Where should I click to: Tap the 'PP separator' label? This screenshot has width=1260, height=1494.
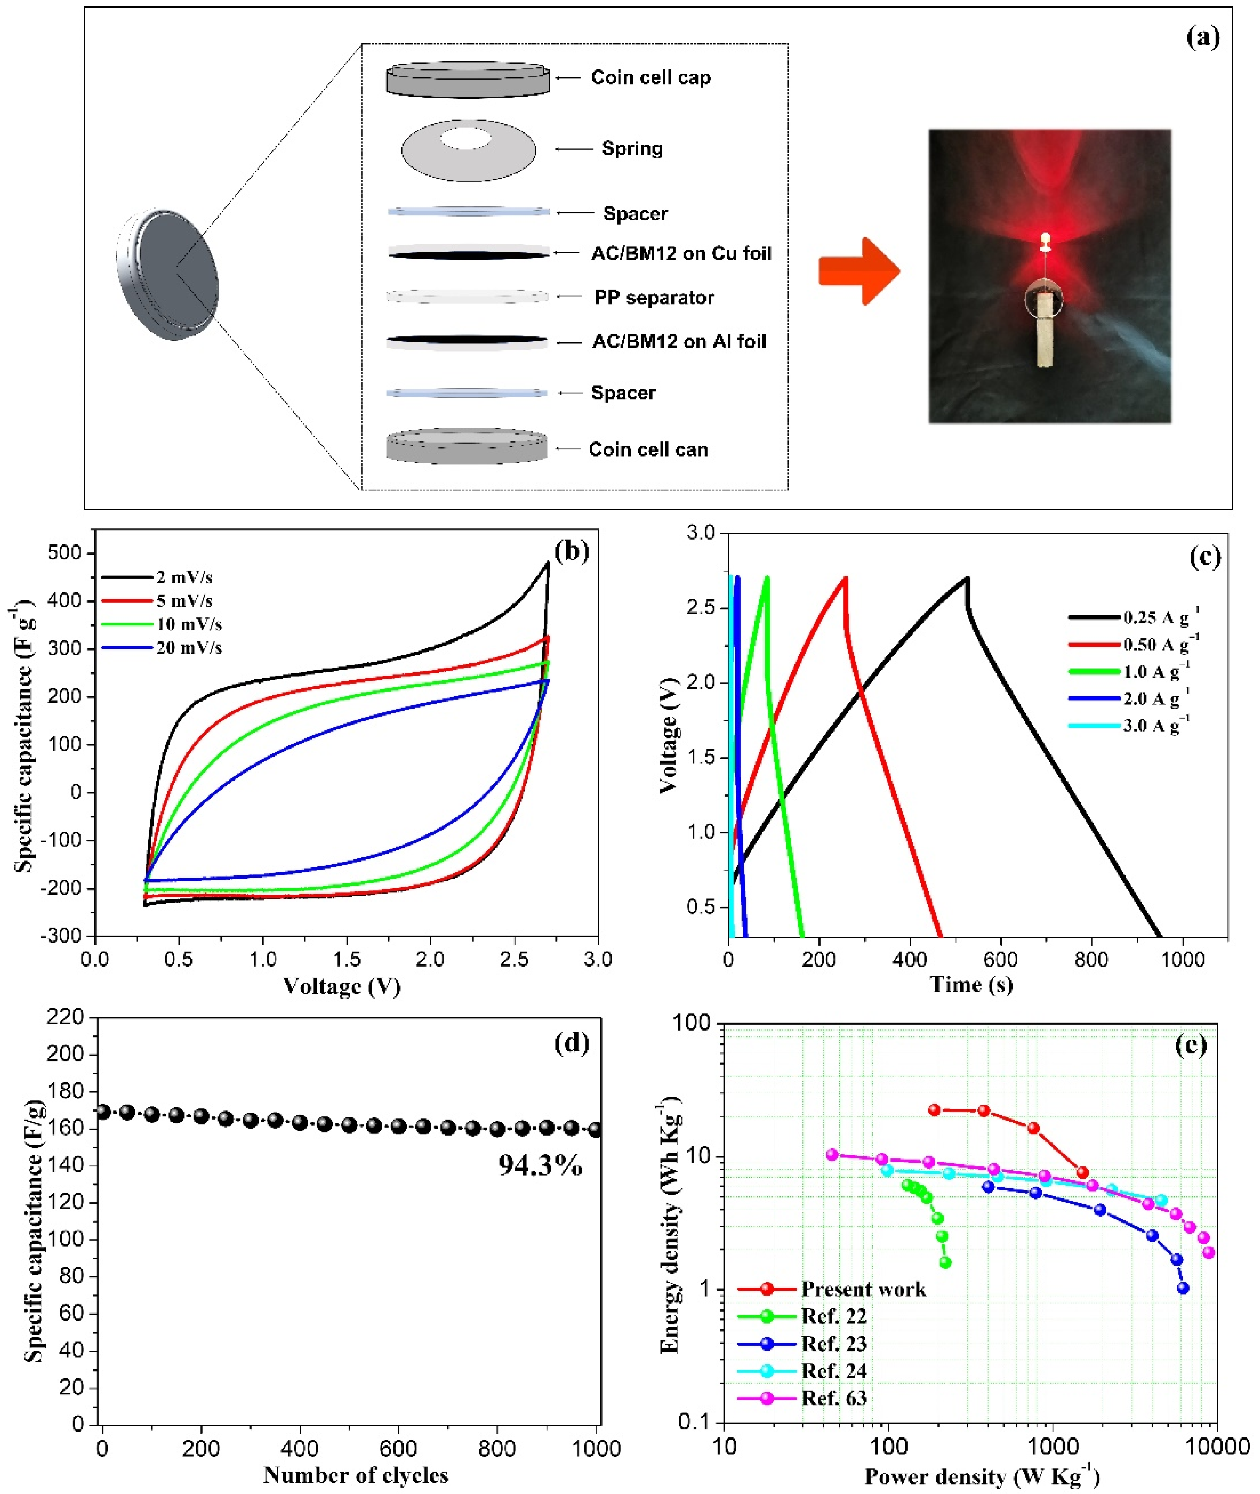(653, 298)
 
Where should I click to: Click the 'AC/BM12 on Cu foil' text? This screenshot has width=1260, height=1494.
(681, 254)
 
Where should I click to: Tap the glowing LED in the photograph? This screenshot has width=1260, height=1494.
(1045, 238)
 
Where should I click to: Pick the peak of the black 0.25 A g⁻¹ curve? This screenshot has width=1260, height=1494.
(967, 578)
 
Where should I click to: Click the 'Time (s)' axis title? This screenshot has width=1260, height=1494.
(971, 984)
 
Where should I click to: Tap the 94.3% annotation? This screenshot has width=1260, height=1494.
(540, 1166)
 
